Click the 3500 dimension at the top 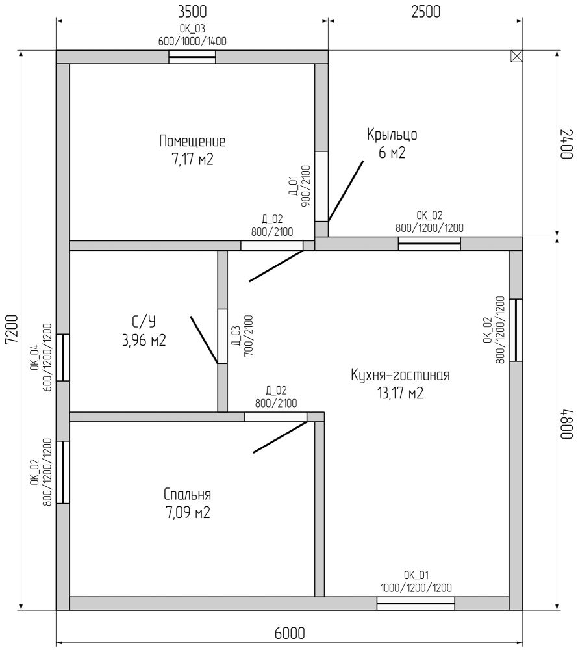coord(192,12)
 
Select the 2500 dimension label coord(425,12)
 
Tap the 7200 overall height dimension coord(12,329)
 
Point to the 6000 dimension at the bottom coord(290,633)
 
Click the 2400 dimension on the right coord(567,144)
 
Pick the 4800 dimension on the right coord(567,424)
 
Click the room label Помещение coord(192,141)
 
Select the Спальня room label coord(187,495)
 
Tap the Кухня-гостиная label coord(400,375)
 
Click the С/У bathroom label coord(144,322)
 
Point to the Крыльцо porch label coord(392,135)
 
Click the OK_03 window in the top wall coord(192,57)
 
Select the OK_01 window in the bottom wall coord(416,603)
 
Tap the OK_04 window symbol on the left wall coord(63,357)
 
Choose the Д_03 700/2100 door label coord(242,336)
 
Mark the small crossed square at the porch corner coord(516,57)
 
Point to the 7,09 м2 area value coord(188,513)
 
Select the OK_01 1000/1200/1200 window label coord(416,582)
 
